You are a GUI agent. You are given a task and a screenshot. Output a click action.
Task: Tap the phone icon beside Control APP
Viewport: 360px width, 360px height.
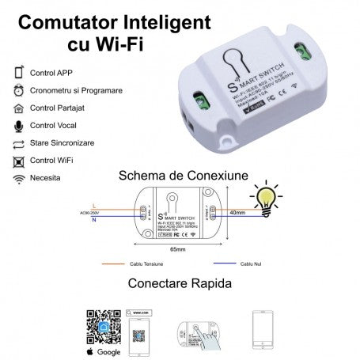(18, 73)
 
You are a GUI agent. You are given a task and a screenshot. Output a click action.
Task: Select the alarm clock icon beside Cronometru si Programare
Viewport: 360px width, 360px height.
(18, 90)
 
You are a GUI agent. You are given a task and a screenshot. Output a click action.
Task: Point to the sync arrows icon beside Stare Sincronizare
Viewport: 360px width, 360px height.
(18, 144)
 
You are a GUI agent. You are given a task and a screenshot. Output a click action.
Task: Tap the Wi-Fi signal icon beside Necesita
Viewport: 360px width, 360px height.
(18, 180)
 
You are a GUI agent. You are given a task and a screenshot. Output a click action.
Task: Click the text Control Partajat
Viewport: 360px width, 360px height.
(56, 108)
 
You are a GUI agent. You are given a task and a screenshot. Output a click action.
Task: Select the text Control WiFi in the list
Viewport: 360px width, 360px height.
(51, 161)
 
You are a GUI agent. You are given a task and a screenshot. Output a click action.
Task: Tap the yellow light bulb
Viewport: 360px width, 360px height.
(263, 193)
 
